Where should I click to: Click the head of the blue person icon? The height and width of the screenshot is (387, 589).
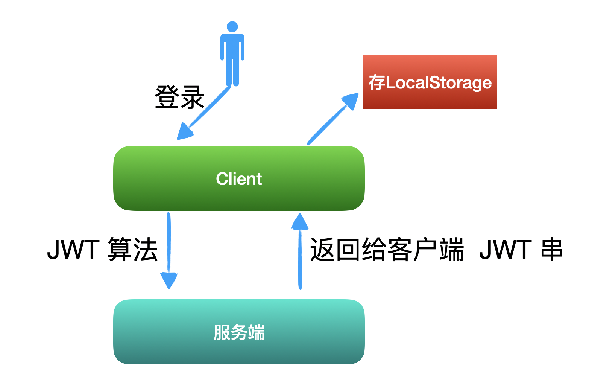232,27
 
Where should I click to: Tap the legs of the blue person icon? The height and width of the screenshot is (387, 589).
232,72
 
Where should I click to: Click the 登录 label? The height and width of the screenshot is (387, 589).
179,97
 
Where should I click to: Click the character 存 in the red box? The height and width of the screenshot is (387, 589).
376,82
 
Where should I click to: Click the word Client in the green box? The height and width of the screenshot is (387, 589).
239,179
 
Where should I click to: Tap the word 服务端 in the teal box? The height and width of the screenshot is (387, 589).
239,332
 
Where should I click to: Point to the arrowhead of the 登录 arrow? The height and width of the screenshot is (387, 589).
184,132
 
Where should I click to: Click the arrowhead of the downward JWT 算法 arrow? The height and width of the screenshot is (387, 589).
169,280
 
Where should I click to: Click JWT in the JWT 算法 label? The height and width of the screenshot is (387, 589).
73,250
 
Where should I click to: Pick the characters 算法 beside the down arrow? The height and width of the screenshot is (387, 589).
132,250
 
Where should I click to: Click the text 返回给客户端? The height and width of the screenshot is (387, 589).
386,250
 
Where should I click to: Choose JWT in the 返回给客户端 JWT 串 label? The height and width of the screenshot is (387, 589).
505,250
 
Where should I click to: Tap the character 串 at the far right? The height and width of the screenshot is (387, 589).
551,250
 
